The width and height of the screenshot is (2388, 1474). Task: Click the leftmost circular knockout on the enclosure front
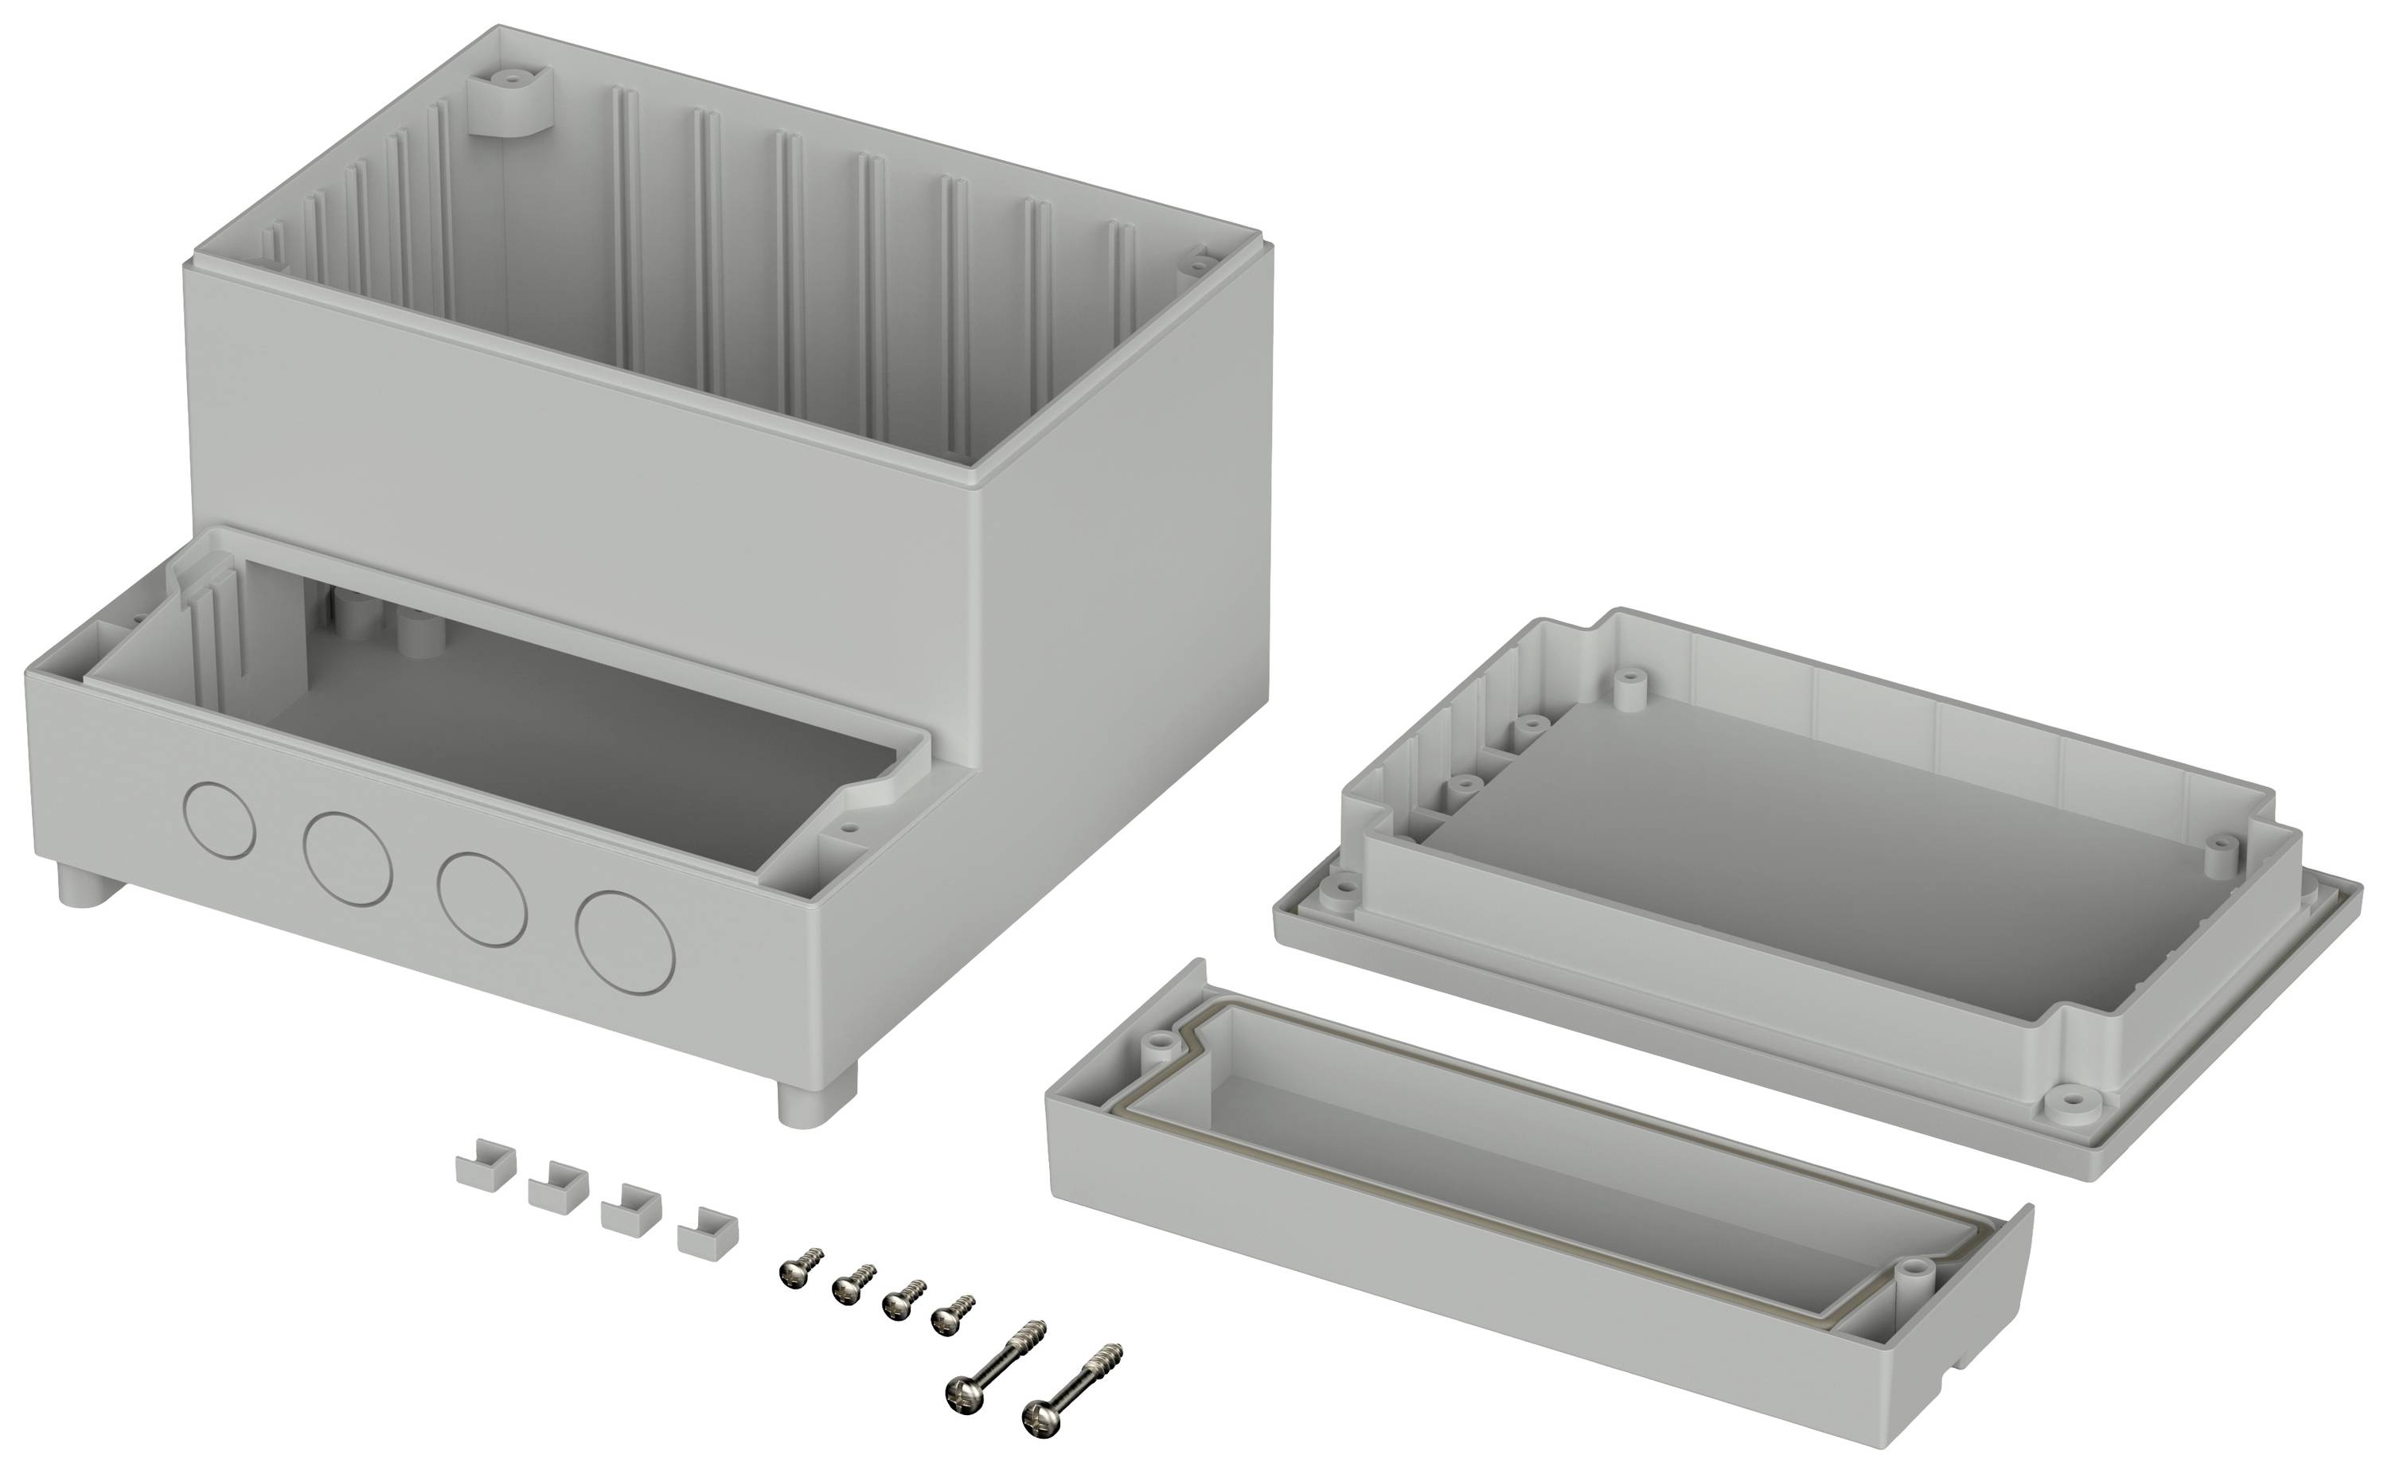pos(220,820)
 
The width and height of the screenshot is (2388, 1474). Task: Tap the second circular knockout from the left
pos(347,857)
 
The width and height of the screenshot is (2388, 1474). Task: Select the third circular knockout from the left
pos(482,898)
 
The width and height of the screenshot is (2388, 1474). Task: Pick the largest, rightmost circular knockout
pos(625,942)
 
